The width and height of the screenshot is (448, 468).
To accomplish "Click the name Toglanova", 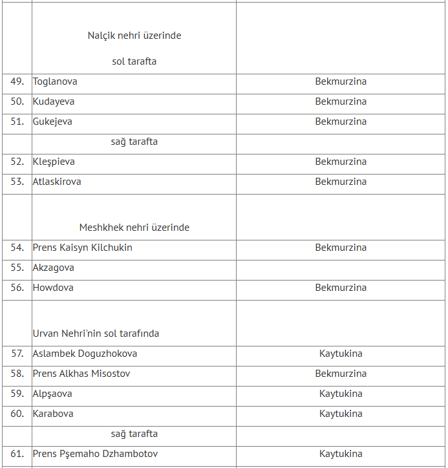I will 55,82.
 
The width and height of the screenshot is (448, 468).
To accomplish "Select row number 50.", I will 17,101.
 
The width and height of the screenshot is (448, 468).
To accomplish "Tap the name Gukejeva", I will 52,122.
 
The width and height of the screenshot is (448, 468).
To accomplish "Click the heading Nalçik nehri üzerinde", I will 134,36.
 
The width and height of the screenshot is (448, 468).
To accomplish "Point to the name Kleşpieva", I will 54,162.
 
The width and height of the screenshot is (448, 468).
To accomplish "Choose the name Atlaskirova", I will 57,182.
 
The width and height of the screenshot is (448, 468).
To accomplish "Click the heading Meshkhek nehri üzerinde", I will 134,228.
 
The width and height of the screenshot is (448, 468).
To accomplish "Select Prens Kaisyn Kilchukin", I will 82,248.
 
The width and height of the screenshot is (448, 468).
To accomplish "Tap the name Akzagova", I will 54,268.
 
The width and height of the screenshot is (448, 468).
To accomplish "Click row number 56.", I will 17,288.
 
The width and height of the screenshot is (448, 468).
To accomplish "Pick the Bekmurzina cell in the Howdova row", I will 341,288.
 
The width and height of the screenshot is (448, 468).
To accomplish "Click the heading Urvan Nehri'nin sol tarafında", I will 96,334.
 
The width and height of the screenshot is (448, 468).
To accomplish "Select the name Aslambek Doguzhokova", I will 85,354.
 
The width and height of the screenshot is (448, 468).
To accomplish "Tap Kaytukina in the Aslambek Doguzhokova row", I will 341,354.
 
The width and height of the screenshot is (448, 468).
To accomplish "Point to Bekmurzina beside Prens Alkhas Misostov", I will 341,374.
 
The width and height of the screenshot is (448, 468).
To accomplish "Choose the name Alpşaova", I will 52,394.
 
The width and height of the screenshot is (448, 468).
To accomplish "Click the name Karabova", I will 53,414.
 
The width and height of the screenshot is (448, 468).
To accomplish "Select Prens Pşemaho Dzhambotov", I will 95,454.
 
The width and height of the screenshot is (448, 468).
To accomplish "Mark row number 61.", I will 17,454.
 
